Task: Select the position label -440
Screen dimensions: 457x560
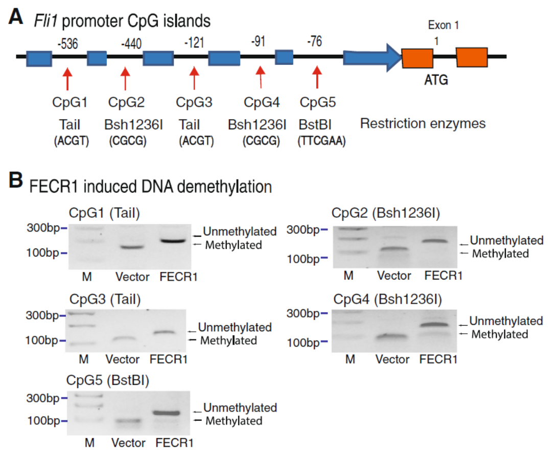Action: tap(131, 44)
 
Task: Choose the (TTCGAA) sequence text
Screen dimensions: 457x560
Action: tap(321, 142)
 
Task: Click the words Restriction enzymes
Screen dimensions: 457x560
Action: tap(423, 124)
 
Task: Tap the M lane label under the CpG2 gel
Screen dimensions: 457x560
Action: tap(348, 276)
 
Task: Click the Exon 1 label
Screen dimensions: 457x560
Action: tap(443, 25)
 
